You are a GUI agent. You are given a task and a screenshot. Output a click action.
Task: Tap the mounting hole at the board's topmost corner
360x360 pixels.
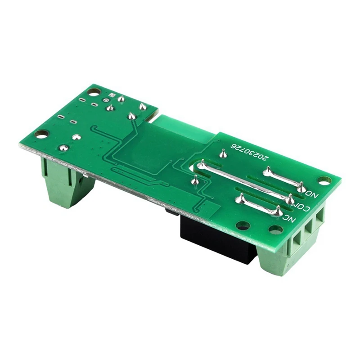click(93, 92)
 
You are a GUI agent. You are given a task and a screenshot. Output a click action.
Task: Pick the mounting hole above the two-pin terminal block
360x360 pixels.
click(41, 133)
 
